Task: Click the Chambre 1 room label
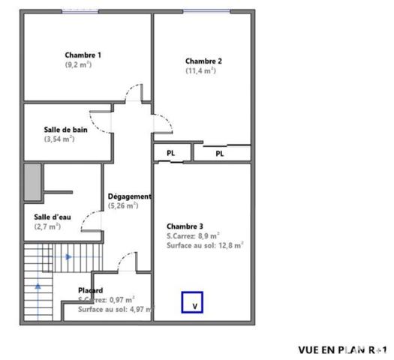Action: tap(83, 55)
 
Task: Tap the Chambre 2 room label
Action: tap(203, 61)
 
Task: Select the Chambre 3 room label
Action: tap(185, 226)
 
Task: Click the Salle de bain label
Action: tap(65, 130)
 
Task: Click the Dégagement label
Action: tap(130, 196)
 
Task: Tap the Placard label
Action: tap(91, 290)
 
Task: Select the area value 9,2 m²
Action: tap(78, 64)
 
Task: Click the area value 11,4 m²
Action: tap(200, 70)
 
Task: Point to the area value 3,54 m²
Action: tap(59, 139)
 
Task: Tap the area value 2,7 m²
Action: tap(47, 226)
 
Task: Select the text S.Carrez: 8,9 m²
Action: tap(193, 235)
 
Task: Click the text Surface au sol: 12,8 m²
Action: tap(205, 244)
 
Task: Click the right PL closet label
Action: tap(220, 154)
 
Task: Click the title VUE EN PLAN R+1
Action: tap(342, 349)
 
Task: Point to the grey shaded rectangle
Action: tap(31, 180)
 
